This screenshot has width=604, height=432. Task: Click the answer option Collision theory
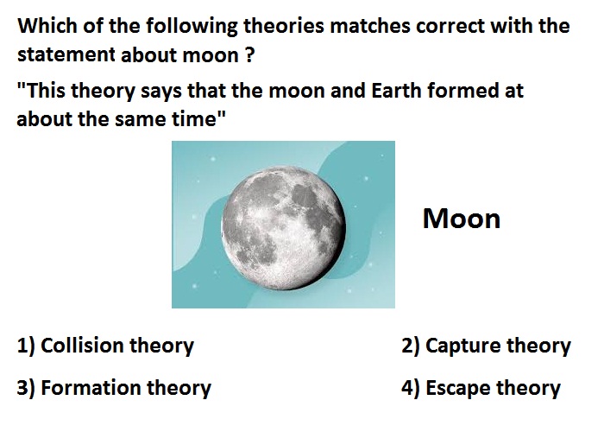(105, 346)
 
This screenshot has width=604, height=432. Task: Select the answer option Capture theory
(486, 346)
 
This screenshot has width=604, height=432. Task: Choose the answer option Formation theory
(114, 388)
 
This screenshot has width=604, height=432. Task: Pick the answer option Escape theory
(481, 388)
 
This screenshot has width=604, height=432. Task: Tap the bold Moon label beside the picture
(462, 219)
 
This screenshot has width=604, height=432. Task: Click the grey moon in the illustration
(284, 228)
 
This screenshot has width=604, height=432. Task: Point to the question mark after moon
(249, 54)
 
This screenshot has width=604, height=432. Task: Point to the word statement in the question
(66, 54)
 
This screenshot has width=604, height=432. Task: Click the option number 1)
(26, 346)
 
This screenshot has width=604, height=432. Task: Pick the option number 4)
(411, 388)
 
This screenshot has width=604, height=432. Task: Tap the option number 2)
(411, 346)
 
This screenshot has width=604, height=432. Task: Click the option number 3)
(26, 388)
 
